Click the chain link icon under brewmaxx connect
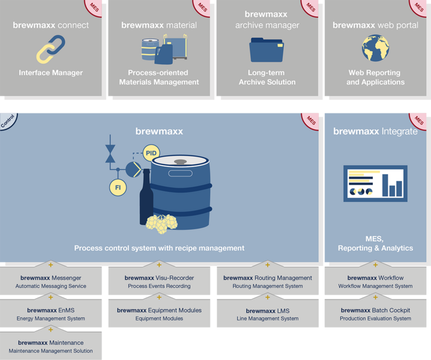click(x=51, y=49)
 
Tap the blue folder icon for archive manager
click(x=267, y=50)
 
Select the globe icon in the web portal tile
click(x=376, y=48)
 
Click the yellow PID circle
click(x=151, y=153)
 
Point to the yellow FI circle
click(x=118, y=187)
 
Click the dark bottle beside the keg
click(x=146, y=197)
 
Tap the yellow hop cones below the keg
click(x=161, y=224)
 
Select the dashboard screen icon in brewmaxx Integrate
click(x=376, y=184)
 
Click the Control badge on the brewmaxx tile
click(x=8, y=121)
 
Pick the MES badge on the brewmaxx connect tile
click(x=94, y=7)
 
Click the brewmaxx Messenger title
click(x=51, y=278)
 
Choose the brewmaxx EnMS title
click(x=51, y=310)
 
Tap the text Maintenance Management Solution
click(x=51, y=351)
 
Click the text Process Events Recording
click(x=159, y=286)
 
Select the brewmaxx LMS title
click(x=268, y=311)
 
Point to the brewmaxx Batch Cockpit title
click(x=376, y=310)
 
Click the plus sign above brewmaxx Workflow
click(x=376, y=265)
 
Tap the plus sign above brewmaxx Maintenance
click(x=50, y=329)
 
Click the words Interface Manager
click(x=51, y=73)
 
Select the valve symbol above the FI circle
click(x=110, y=154)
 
